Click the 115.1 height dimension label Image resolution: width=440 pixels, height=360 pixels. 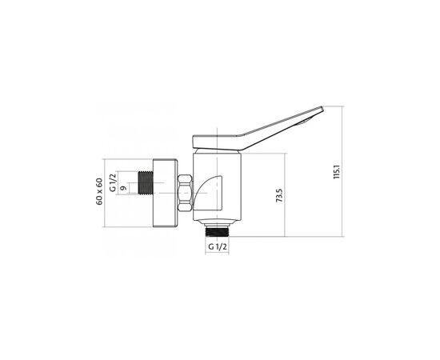tap(337, 172)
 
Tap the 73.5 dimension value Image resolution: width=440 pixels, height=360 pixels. tap(279, 195)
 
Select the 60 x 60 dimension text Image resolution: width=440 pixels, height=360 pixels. tap(100, 192)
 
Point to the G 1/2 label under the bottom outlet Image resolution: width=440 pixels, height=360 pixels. tap(217, 247)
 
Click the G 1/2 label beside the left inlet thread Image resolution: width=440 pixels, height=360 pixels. tap(113, 182)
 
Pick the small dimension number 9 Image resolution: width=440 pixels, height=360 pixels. tap(123, 188)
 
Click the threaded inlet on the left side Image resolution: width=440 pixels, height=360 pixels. tap(146, 182)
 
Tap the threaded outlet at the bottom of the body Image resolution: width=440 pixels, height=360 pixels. tap(217, 232)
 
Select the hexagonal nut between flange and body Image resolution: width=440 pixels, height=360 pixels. tap(186, 193)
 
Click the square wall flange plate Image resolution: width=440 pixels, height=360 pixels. tap(165, 193)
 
